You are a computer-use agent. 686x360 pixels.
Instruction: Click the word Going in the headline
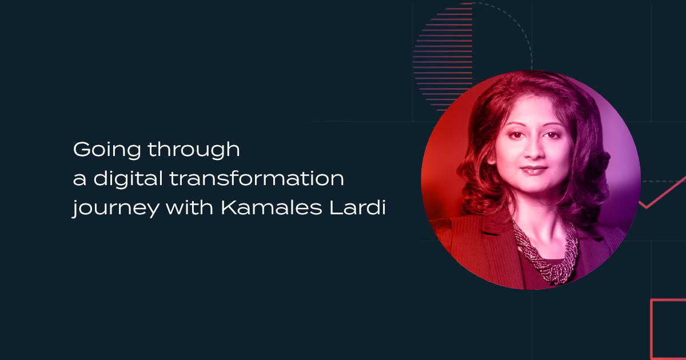coord(107,150)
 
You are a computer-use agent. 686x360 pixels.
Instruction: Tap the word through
coord(194,149)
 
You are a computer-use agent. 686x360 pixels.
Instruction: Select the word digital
coord(128,178)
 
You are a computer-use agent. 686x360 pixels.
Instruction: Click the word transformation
coord(257,178)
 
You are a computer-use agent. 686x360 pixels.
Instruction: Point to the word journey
coord(115,208)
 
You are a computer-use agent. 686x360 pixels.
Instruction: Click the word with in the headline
coord(189,207)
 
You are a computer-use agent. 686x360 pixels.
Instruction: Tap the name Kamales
coord(272,207)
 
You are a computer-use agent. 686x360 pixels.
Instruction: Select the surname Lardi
coord(357,207)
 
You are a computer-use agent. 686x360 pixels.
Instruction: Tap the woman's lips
coord(534,170)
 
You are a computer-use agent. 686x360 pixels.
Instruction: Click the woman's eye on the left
coord(516,135)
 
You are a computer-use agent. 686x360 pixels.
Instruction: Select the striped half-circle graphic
coord(443,57)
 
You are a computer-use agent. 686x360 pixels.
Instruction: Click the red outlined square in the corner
coord(652,329)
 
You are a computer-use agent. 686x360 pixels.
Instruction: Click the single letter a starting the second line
coord(79,179)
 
